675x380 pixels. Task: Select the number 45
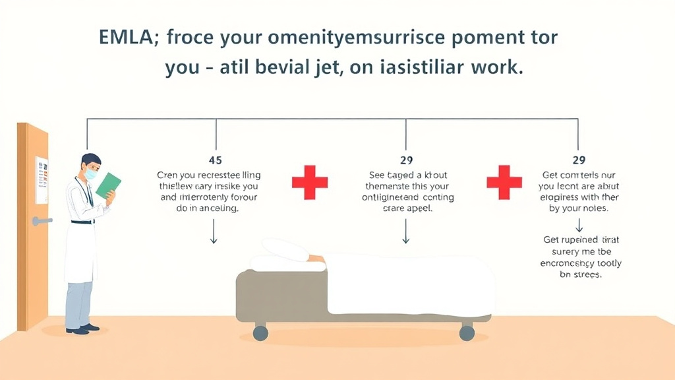click(x=215, y=160)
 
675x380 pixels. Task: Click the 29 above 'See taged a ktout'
click(x=406, y=160)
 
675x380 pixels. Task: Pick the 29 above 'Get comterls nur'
click(x=579, y=160)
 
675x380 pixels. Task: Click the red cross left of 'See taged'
click(x=310, y=182)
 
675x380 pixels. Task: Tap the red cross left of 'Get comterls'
click(x=504, y=182)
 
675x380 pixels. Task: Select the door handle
click(x=42, y=221)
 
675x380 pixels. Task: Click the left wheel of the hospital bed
click(x=260, y=332)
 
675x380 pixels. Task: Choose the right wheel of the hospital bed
click(x=467, y=332)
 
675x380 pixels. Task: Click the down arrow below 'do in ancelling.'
click(x=213, y=232)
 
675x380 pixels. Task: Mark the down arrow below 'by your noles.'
click(x=579, y=226)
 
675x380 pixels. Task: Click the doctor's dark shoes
click(x=83, y=329)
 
